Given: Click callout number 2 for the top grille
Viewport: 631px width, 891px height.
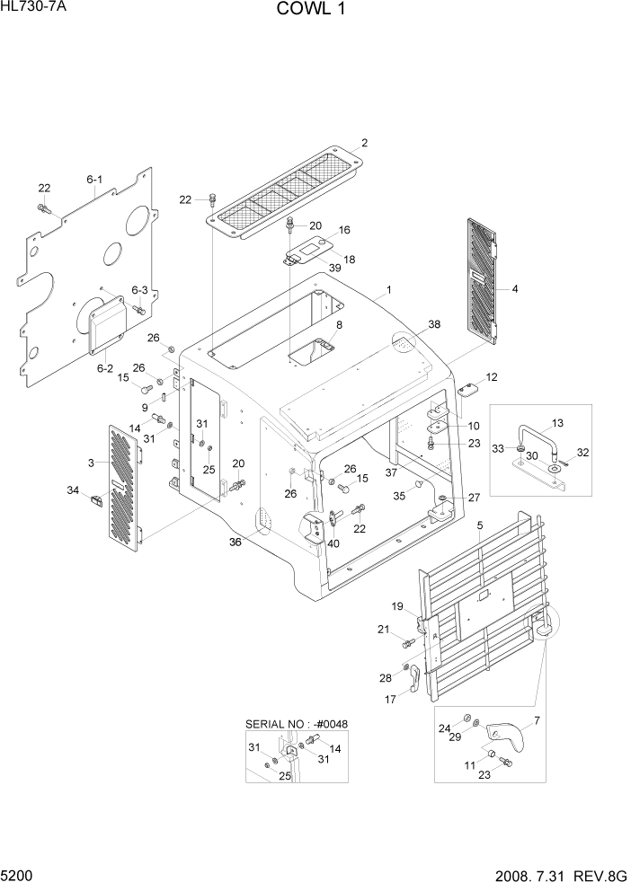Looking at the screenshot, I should point(365,143).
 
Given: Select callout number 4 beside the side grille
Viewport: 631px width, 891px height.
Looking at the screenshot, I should point(514,289).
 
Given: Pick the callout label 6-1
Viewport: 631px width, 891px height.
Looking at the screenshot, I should point(94,180).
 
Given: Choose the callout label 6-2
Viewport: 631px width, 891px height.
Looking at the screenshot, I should point(104,366).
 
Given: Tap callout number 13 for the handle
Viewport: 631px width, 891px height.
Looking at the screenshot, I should point(557,421).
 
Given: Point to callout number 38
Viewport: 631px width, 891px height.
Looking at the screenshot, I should point(434,323).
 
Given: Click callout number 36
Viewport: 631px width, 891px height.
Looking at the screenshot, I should point(236,541).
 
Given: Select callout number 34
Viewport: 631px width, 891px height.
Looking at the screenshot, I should point(73,490).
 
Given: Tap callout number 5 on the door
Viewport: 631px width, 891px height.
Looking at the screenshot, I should point(480,525).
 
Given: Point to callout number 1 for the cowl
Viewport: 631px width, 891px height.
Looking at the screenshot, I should point(388,290).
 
